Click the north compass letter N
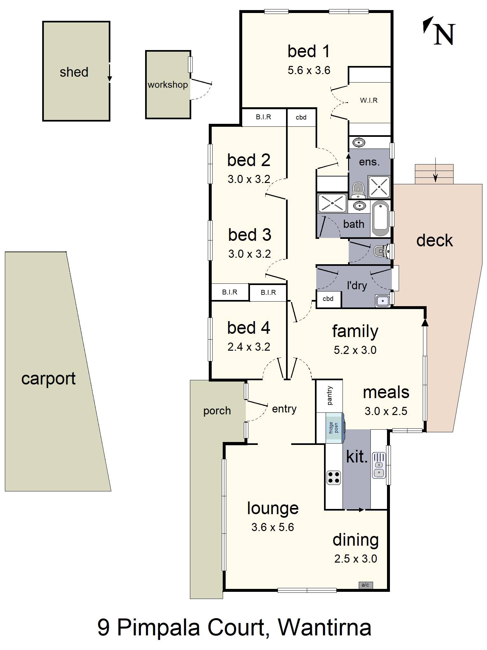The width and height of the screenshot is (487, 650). [444, 34]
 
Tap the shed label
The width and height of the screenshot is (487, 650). [74, 72]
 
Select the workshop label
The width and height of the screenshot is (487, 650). [168, 85]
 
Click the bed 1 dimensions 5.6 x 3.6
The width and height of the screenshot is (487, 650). [309, 70]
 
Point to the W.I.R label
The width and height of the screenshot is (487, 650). [369, 100]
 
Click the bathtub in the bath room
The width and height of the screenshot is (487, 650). [380, 218]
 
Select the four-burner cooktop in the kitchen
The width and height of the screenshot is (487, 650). [334, 477]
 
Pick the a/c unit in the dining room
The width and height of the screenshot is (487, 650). [365, 585]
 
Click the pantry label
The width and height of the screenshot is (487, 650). [330, 396]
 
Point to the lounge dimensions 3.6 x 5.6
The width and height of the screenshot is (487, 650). [273, 527]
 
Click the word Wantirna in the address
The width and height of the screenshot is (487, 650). [325, 627]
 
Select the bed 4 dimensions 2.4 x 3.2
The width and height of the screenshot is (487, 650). [249, 347]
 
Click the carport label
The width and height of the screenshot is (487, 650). [48, 379]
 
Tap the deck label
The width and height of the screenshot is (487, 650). [434, 240]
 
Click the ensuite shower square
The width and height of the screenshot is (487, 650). [379, 187]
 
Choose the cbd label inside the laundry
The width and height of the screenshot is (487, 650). [328, 299]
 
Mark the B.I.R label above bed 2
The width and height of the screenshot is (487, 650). [263, 117]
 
